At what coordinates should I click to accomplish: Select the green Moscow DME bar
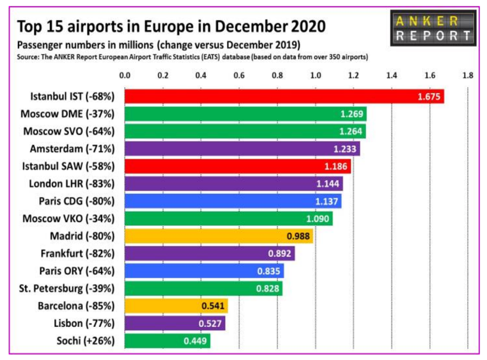click(245, 114)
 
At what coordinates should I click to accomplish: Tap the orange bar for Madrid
click(218, 236)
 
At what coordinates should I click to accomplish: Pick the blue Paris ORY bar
click(204, 271)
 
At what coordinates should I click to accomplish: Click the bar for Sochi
click(167, 341)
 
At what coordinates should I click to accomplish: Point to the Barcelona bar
click(176, 305)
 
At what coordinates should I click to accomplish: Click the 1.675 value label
click(429, 97)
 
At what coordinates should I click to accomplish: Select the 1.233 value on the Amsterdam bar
click(345, 149)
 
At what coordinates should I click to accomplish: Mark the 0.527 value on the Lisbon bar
click(210, 323)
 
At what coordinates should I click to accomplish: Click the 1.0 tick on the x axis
click(315, 76)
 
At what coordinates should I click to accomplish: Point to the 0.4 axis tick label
click(201, 76)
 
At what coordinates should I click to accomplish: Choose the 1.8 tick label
click(468, 76)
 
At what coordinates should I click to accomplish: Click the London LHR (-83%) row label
click(72, 183)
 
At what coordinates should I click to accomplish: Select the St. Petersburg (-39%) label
click(67, 289)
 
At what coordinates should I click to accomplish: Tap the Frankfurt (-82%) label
click(77, 254)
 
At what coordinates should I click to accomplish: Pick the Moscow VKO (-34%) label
click(69, 218)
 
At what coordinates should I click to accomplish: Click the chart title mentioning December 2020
click(172, 26)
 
